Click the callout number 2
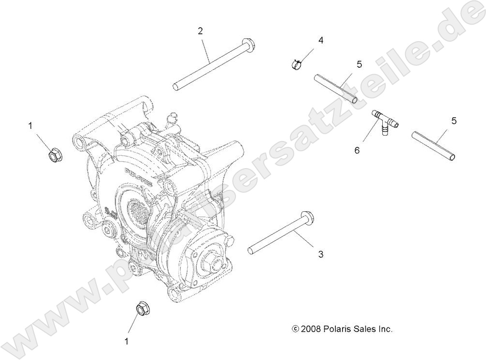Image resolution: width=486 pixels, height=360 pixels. pyautogui.click(x=200, y=31)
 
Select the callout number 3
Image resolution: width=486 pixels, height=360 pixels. pyautogui.click(x=320, y=254)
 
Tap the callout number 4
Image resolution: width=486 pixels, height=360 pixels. pyautogui.click(x=320, y=40)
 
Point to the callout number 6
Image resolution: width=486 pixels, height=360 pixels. pyautogui.click(x=357, y=150)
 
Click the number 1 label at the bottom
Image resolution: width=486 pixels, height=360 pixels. pyautogui.click(x=127, y=341)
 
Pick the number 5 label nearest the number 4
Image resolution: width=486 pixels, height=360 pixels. pyautogui.click(x=359, y=64)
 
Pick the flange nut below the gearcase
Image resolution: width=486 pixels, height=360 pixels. pyautogui.click(x=141, y=308)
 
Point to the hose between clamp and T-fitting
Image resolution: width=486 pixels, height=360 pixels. pyautogui.click(x=336, y=88)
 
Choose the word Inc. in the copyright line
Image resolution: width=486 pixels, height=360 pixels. pyautogui.click(x=386, y=329)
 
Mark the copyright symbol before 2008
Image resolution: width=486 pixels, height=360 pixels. pyautogui.click(x=296, y=329)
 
